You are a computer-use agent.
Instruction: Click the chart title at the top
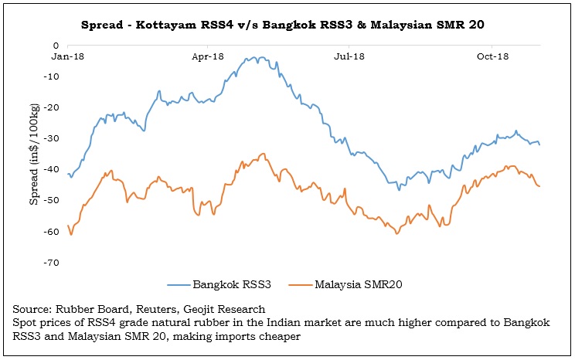pyautogui.click(x=287, y=25)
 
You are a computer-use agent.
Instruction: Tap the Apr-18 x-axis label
pyautogui.click(x=208, y=56)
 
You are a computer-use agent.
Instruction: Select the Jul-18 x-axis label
pyautogui.click(x=349, y=56)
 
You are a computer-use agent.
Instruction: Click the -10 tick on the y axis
pyautogui.click(x=52, y=76)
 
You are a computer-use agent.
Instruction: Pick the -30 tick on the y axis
pyautogui.click(x=52, y=138)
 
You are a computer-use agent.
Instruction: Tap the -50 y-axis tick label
pyautogui.click(x=52, y=201)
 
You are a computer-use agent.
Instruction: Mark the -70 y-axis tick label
pyautogui.click(x=52, y=263)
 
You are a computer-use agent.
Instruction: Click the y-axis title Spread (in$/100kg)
pyautogui.click(x=34, y=155)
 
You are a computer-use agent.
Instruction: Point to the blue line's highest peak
pyautogui.click(x=256, y=58)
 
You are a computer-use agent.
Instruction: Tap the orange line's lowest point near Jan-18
pyautogui.click(x=72, y=234)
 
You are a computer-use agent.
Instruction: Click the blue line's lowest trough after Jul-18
pyautogui.click(x=399, y=190)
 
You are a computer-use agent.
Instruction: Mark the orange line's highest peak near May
pyautogui.click(x=263, y=154)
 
